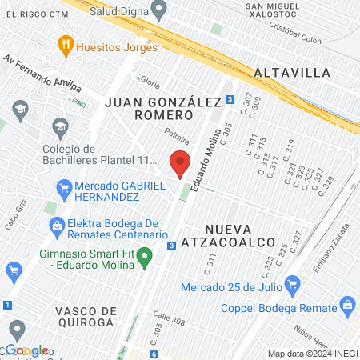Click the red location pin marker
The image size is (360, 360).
click(x=180, y=163)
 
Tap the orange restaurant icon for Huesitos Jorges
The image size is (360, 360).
click(x=66, y=46)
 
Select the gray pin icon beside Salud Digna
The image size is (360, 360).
click(x=158, y=10)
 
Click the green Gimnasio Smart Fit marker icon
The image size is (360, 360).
click(x=145, y=258)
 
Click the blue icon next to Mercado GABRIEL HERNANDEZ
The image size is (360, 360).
click(x=65, y=190)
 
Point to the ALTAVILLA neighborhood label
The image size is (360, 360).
click(x=292, y=72)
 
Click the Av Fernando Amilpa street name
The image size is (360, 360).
click(x=42, y=73)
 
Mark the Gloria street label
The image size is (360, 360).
click(x=150, y=81)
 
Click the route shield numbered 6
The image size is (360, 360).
click(x=153, y=354)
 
